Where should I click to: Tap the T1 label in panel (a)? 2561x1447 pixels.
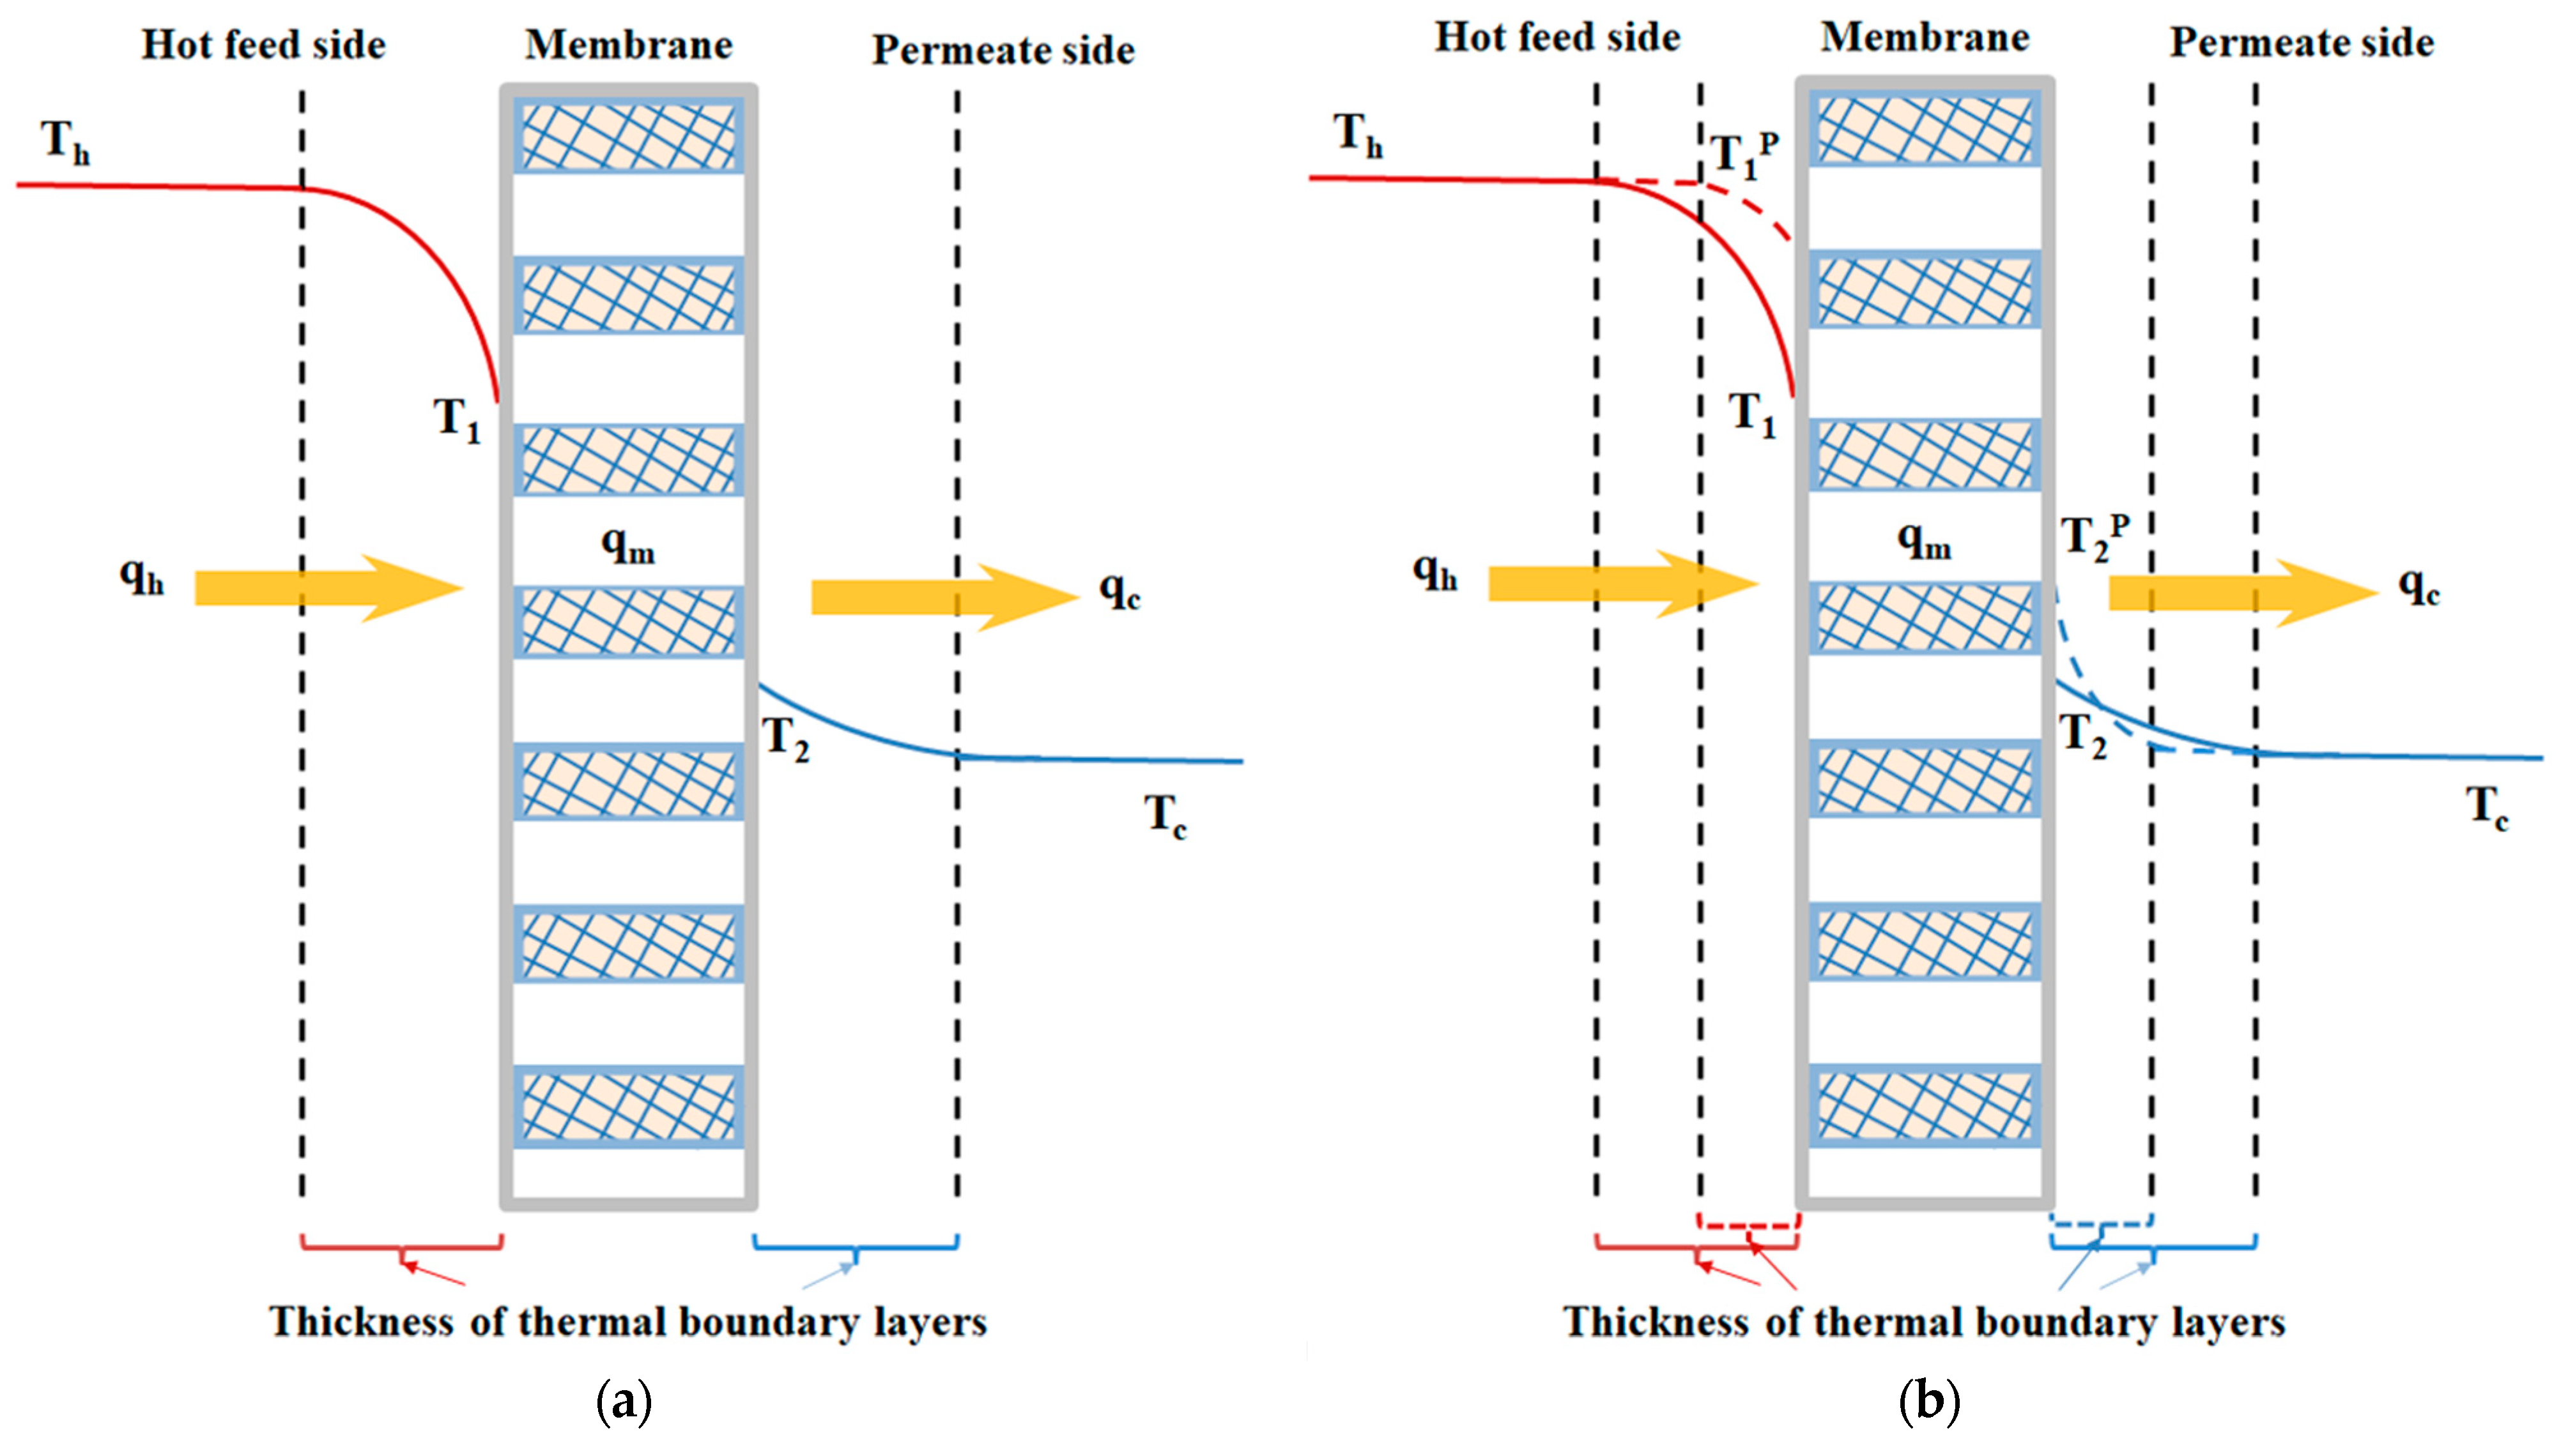(456, 420)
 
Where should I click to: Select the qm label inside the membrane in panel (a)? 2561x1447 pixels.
(628, 545)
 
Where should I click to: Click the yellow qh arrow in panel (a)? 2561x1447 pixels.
(328, 588)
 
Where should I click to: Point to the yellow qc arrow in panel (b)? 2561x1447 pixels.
(2243, 593)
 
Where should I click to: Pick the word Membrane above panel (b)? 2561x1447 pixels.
(1925, 38)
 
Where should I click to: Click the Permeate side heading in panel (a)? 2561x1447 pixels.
(1003, 50)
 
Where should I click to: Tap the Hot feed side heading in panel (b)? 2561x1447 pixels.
(1557, 37)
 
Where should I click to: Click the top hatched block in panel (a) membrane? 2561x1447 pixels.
(628, 135)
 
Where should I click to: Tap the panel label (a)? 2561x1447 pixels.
(624, 1402)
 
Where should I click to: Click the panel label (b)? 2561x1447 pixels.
(1928, 1402)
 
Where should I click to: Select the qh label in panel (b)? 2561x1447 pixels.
(1434, 573)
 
